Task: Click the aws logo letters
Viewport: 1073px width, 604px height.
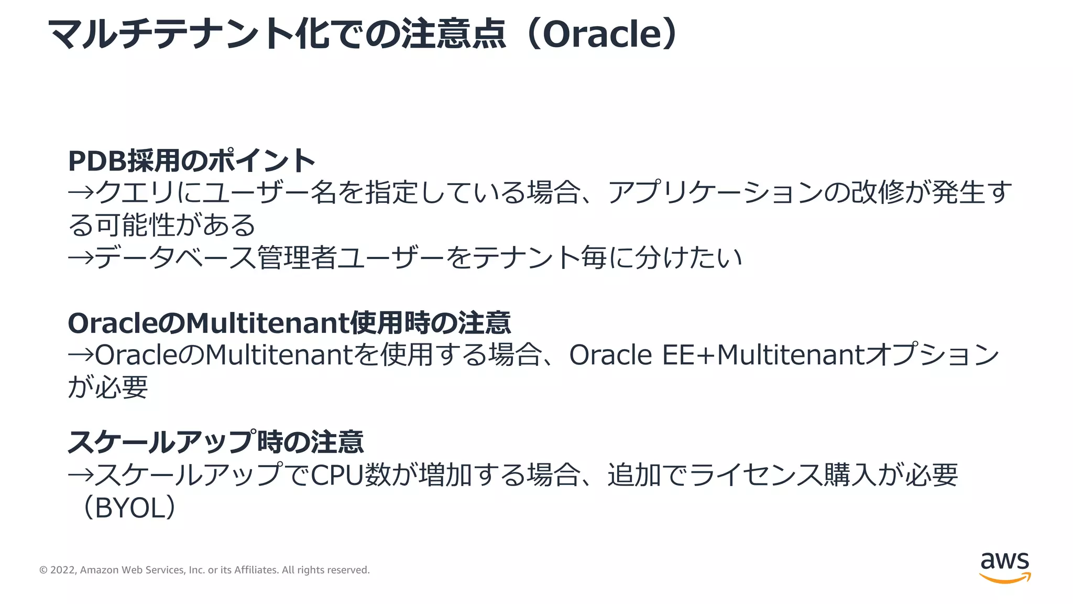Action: [1004, 561]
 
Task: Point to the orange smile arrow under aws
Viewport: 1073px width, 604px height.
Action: [1004, 578]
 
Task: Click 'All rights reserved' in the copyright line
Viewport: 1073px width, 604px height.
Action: [325, 570]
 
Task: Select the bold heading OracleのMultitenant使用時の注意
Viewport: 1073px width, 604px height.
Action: [289, 323]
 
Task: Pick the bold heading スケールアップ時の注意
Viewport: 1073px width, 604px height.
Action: [215, 441]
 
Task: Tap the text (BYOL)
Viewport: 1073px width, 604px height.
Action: [128, 508]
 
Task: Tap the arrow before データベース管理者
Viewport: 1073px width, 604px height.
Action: [81, 258]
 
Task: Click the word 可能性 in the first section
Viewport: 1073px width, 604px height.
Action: [135, 225]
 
